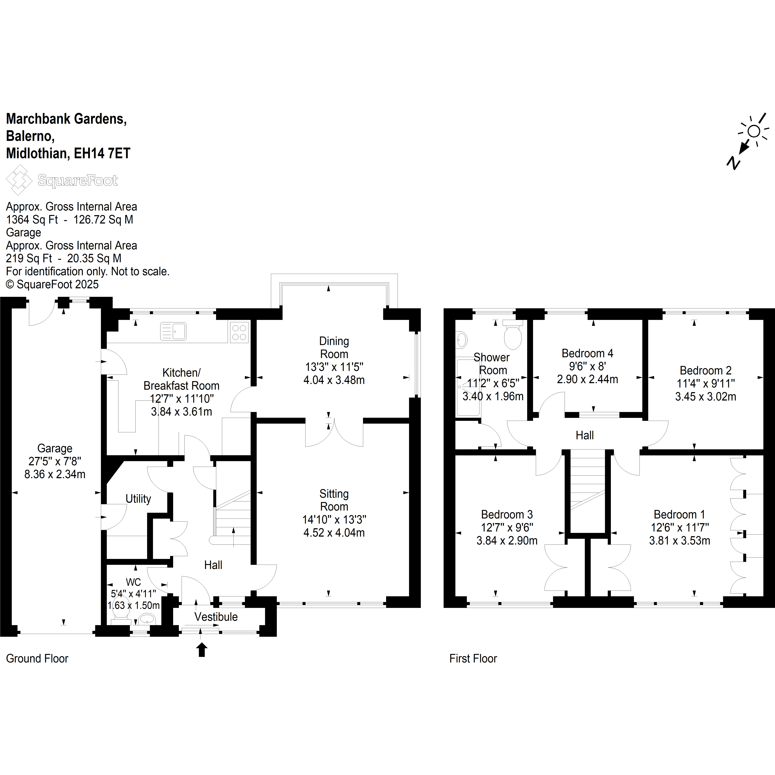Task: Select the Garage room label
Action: (55, 448)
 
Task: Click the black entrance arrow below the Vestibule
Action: (202, 649)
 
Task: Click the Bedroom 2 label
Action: (706, 370)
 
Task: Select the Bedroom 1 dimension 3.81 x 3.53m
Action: (680, 540)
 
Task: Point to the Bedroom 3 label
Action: (507, 514)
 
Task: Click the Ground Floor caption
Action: (37, 658)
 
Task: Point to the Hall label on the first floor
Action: (585, 435)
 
